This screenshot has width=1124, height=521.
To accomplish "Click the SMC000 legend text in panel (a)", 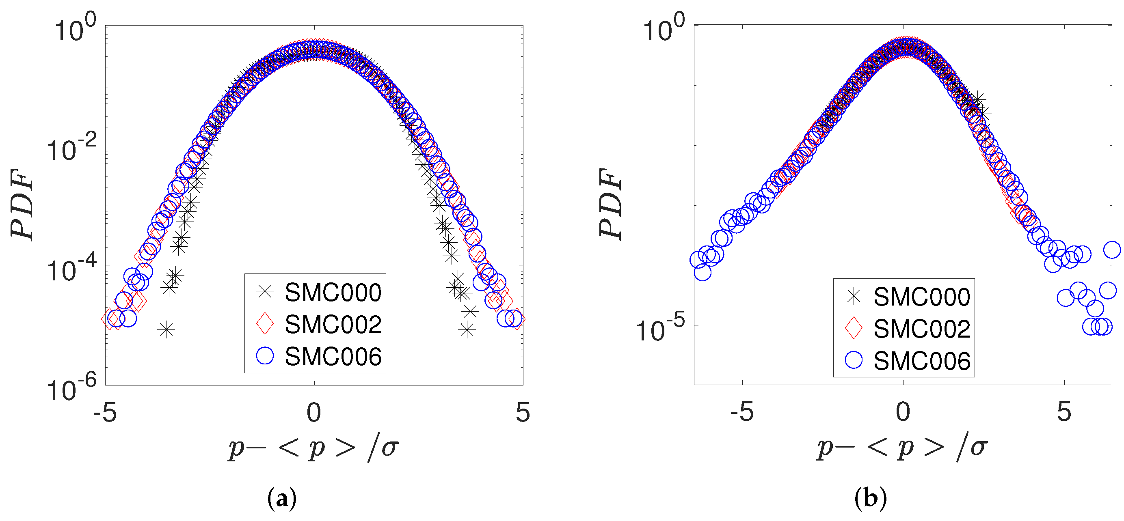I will pos(333,292).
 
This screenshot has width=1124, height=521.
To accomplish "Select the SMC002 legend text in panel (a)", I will pos(333,324).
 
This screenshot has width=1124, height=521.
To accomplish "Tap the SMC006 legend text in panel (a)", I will pos(333,357).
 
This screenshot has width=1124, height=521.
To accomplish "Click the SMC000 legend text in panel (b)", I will pos(921,297).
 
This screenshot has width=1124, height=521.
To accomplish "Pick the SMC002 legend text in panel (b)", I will pos(921,329).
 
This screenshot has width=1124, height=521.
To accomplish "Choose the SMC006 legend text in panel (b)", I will pos(921,361).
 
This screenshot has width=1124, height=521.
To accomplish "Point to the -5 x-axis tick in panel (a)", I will pos(105,412).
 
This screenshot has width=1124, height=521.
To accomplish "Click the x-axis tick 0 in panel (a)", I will pos(314,412).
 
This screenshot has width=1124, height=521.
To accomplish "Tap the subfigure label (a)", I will pos(282,498).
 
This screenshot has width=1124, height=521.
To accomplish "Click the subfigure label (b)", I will pos(870,498).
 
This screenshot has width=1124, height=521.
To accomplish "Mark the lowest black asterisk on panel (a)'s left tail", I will pos(166,329).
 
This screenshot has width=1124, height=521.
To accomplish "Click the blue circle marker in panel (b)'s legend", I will pos(854,361).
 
